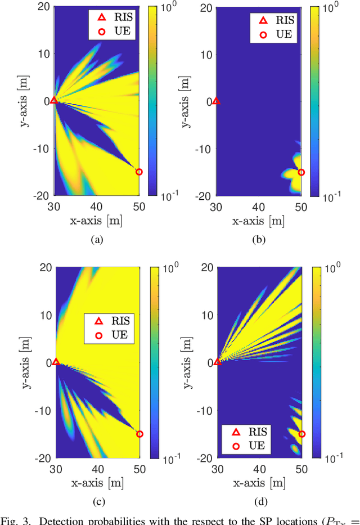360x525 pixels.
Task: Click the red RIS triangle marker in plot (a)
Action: (54, 100)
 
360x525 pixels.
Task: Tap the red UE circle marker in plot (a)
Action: (139, 172)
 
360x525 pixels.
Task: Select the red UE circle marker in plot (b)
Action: (301, 173)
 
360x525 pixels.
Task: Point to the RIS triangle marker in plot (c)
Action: (56, 362)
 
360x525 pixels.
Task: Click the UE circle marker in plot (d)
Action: (301, 434)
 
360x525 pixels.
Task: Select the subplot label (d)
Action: (259, 502)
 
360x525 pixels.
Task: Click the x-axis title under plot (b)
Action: (259, 221)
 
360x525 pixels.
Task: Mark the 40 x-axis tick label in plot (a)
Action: (97, 207)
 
